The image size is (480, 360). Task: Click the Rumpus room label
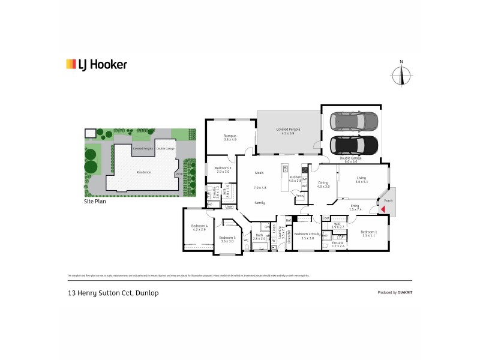click(x=222, y=136)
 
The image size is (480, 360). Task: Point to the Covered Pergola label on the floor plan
click(x=288, y=130)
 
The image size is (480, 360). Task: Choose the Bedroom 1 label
click(x=369, y=232)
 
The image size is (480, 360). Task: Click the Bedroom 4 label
click(x=200, y=226)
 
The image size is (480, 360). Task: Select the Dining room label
click(x=323, y=183)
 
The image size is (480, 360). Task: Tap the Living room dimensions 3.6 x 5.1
click(x=362, y=182)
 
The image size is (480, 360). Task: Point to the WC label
click(x=246, y=241)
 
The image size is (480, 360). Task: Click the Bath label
click(x=259, y=236)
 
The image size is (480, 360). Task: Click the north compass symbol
click(x=402, y=76)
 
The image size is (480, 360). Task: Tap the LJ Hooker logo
click(x=96, y=64)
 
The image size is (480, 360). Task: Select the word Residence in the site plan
click(x=143, y=172)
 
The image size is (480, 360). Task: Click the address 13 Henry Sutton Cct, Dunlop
click(x=112, y=293)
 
